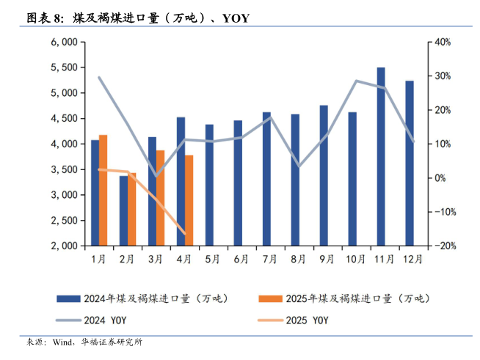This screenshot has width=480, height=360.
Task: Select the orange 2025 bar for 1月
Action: (x=103, y=190)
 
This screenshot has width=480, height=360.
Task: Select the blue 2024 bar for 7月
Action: (x=266, y=179)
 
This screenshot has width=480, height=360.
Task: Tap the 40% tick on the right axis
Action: (x=441, y=42)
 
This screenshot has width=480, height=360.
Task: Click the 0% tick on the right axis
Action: (x=437, y=178)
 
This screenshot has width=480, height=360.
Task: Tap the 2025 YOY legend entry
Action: (x=305, y=320)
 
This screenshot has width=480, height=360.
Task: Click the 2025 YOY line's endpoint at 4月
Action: (x=184, y=234)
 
